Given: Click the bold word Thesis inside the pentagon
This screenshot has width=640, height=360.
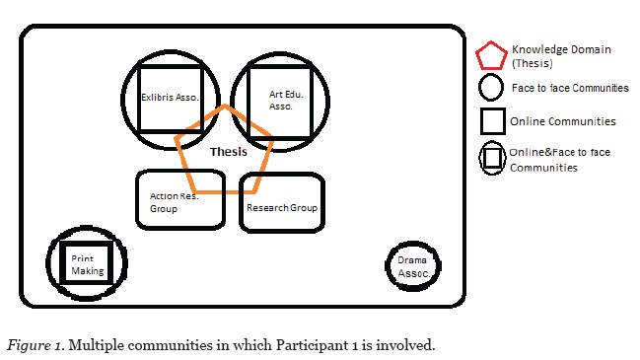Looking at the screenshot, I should click(x=229, y=152).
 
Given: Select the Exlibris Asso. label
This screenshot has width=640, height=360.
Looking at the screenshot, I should click(x=170, y=97).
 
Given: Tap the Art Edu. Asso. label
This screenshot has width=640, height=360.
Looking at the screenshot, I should click(x=280, y=100).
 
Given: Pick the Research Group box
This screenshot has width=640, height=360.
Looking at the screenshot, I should click(x=281, y=207).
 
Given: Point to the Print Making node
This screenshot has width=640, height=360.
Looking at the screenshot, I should click(x=86, y=263).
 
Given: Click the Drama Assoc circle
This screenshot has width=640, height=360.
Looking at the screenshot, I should click(x=410, y=266).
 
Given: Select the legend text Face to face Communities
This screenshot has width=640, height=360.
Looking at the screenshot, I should click(x=569, y=89).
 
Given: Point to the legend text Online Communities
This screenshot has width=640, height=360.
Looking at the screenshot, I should click(x=558, y=122).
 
